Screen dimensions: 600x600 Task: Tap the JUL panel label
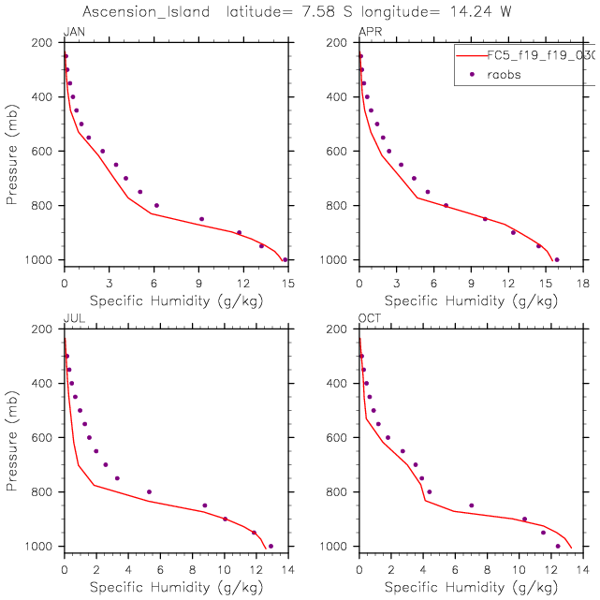(x=72, y=319)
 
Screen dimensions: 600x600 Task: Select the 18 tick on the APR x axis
(x=582, y=282)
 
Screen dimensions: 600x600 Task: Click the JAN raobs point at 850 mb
(x=201, y=219)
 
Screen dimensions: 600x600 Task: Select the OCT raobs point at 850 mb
(x=471, y=505)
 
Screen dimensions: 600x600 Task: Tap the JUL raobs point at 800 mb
(x=149, y=491)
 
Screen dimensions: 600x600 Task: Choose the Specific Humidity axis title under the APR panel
(x=471, y=300)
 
